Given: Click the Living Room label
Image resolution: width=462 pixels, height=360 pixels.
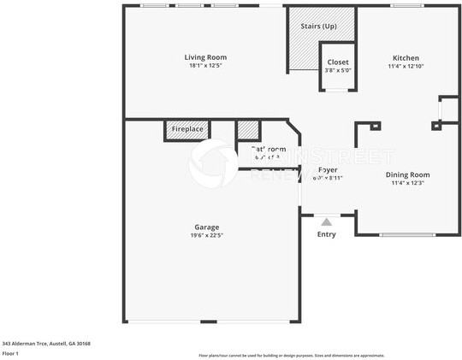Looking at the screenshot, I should pos(207,57).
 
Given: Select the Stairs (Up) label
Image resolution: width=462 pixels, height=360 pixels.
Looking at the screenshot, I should pos(317,26).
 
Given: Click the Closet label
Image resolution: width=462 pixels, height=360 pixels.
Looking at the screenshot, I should pos(338,62).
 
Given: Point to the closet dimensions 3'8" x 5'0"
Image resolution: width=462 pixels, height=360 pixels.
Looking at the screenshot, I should pos(338,70).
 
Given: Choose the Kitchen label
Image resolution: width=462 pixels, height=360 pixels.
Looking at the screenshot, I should pos(406,57).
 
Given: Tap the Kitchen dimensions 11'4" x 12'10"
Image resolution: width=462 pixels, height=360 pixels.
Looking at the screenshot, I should pos(406,66).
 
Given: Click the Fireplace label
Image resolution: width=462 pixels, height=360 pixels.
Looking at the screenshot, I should pos(187,129).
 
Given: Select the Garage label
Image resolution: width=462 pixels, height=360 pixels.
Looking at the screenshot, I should pos(206,227).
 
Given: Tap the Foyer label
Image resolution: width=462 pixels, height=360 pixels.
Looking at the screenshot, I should pos(328,169).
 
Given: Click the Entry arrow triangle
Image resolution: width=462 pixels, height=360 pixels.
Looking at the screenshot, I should pos(326,221).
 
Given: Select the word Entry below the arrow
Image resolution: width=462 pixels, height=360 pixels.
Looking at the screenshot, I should pos(327,234).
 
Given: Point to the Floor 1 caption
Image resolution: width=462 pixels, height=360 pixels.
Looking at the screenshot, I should pos(11,352).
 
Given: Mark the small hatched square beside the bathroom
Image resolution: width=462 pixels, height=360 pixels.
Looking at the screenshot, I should pos(247,130).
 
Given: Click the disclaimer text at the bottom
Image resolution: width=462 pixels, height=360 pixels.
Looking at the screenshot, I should pos(291,355).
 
